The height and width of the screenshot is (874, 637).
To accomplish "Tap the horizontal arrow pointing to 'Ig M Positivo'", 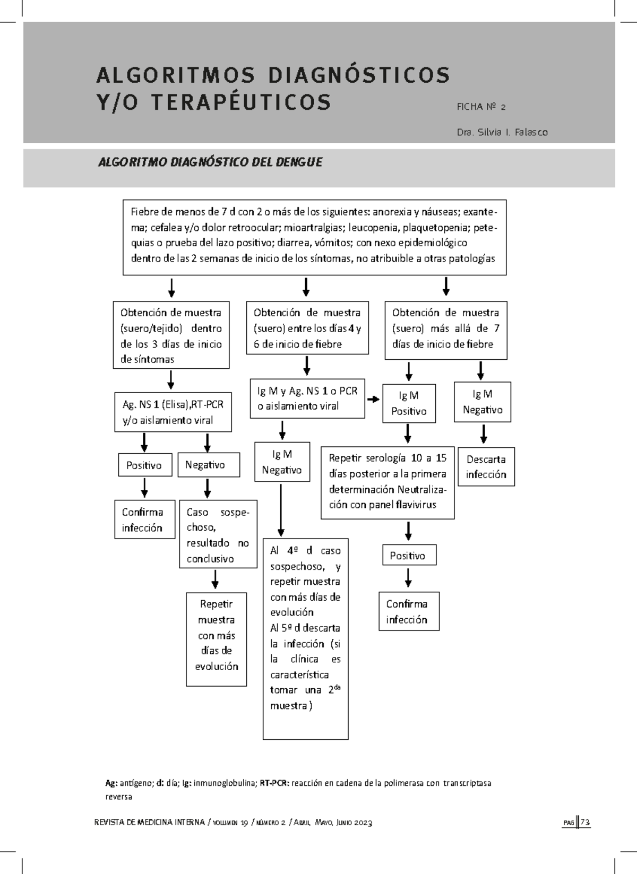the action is click(373, 399).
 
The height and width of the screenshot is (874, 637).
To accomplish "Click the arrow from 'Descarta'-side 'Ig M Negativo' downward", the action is click(484, 434).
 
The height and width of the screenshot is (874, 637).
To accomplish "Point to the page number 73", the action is click(584, 822).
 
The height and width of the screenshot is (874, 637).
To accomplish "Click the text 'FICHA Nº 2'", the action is click(481, 107).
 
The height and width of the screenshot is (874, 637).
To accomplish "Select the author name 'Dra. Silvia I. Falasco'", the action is click(502, 132).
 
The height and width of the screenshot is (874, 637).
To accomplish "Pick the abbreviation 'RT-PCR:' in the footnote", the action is click(275, 783).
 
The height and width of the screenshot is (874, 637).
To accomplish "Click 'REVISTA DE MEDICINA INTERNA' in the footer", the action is click(150, 822).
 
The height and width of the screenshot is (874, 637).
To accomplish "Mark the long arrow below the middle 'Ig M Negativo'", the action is click(281, 510).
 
